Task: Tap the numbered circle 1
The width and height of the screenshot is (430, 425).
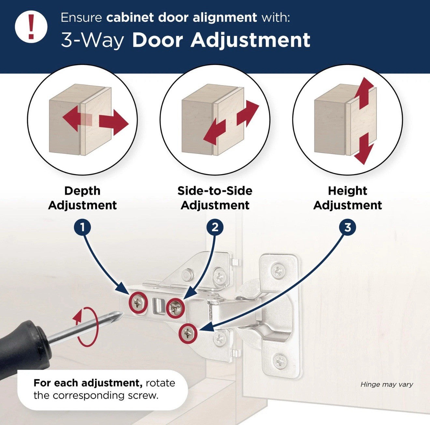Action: [82, 227]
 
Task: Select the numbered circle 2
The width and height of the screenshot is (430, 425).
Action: [215, 227]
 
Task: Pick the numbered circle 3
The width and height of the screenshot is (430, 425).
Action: [348, 227]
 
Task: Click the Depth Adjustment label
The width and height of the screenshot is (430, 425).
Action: [82, 198]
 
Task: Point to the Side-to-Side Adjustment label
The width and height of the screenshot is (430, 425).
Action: [215, 198]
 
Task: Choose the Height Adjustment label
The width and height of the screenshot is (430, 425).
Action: [348, 198]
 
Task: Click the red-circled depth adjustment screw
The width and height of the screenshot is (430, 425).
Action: [139, 303]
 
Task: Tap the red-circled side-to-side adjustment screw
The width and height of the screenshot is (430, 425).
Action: [176, 308]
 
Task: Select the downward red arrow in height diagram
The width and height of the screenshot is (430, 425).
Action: [363, 149]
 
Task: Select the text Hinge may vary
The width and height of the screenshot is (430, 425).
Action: [386, 385]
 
